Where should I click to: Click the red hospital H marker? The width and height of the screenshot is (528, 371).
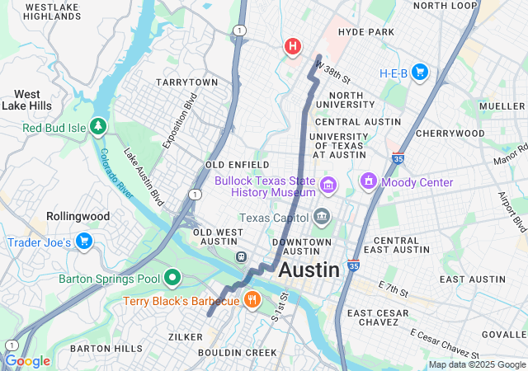292,46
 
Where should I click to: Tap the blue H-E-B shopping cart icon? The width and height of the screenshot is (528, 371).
419,73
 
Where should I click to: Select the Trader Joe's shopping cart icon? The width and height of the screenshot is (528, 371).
83,241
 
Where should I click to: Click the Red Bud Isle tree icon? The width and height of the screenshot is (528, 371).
98,126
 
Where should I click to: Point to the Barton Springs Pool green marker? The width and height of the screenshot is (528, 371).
172,278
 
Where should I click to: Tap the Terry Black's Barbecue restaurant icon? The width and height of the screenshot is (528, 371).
252,300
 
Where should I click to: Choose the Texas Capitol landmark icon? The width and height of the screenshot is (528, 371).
321,218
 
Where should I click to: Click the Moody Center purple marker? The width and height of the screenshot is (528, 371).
368,181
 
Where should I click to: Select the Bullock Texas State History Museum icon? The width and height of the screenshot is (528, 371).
329,183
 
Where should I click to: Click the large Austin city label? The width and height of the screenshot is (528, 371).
309,270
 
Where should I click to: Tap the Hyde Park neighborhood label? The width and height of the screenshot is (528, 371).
366,32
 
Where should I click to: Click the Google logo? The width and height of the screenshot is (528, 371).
27,361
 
